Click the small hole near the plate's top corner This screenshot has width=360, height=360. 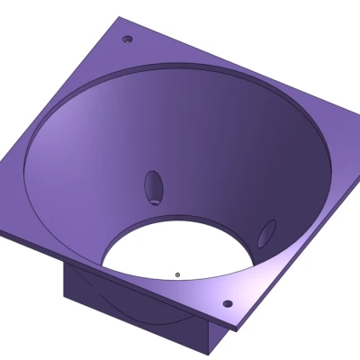tap(127, 40)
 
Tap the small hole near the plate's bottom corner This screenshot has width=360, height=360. tap(227, 303)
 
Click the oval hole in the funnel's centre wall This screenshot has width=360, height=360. tap(154, 187)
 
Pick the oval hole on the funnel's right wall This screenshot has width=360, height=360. tap(266, 233)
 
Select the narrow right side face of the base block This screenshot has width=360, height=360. tap(217, 339)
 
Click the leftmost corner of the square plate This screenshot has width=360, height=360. tap(3, 233)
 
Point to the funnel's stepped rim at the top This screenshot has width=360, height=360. tap(180, 68)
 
